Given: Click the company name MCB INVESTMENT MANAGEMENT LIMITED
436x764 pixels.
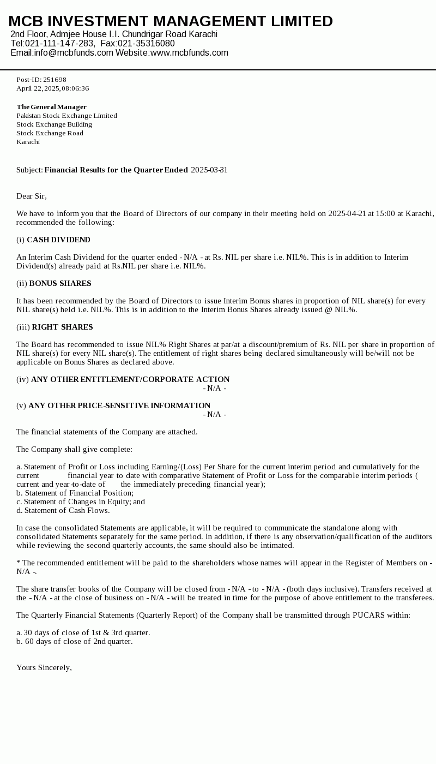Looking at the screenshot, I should point(171,21).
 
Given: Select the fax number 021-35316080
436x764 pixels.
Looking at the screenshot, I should point(146,44).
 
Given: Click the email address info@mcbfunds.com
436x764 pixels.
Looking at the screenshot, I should point(74,53).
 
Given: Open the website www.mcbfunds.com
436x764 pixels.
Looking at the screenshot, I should point(189,53).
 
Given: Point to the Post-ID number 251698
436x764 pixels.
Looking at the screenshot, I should point(55,80).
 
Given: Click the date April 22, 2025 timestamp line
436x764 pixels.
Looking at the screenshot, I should point(52,88).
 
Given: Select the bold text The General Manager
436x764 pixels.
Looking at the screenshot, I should point(51,107).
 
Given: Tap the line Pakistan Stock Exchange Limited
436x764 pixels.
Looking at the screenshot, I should point(66,116).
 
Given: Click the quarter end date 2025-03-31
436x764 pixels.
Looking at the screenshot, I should point(209,170).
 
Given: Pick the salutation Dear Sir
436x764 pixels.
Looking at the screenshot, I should point(32,196).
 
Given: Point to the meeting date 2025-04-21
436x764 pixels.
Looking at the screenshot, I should point(347,213).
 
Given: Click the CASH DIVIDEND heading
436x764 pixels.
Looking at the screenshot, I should point(58,240).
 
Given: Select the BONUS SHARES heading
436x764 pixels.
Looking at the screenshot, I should point(60,283).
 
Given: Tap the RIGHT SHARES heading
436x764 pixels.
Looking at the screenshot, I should point(62,327).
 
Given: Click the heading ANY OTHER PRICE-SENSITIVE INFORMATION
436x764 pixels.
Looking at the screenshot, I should point(119,405).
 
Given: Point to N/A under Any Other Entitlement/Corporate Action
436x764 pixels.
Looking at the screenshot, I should point(214,388).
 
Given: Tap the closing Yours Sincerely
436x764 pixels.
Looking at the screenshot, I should point(44,667).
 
